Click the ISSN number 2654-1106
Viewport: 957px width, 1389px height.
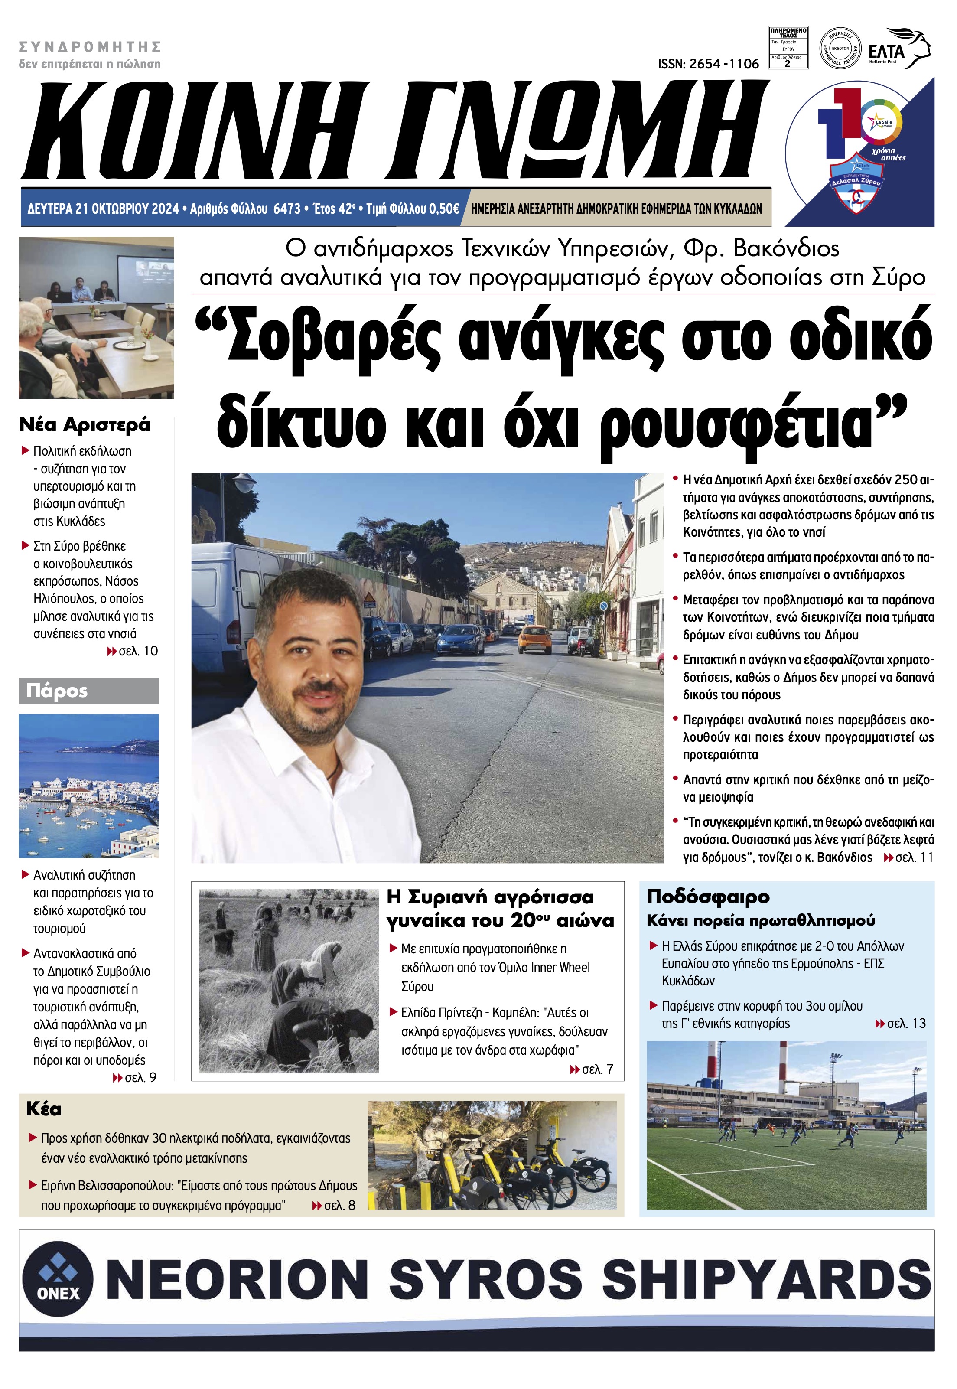tap(708, 64)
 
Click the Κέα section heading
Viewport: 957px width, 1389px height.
tap(44, 1109)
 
